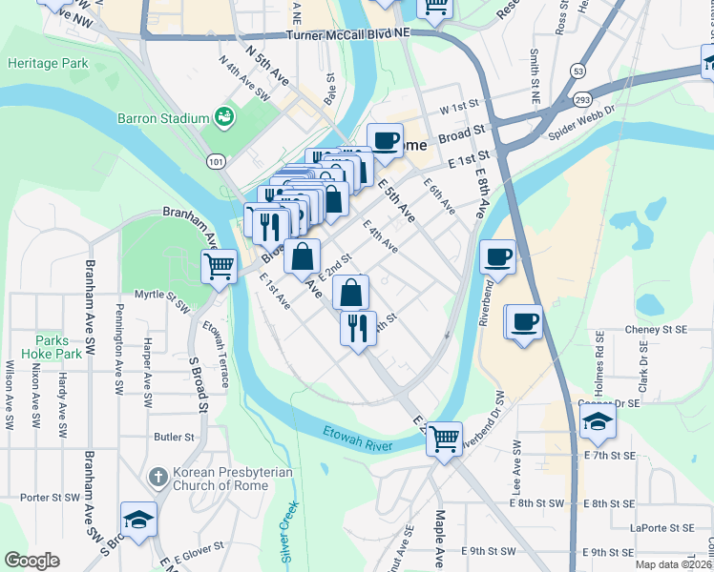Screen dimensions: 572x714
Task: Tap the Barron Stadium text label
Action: (x=162, y=118)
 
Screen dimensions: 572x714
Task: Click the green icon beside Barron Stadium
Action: (x=224, y=117)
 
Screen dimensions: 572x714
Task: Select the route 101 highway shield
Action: (x=217, y=162)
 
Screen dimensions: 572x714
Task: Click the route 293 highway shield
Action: (x=583, y=98)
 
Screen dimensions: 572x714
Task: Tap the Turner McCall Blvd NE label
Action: (x=347, y=33)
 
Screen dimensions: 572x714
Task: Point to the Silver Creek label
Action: (x=290, y=528)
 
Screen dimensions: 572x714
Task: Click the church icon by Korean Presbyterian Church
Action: (x=159, y=475)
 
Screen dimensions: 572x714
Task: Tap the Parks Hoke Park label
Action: (x=58, y=346)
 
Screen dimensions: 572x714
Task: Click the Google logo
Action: (x=31, y=561)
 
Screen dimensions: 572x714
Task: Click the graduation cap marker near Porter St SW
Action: (x=139, y=519)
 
